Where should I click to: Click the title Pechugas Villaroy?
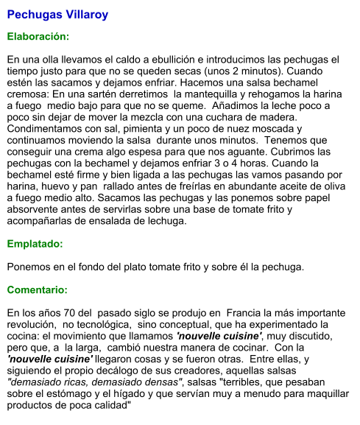pos(57,14)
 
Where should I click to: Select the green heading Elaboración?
pos(38,36)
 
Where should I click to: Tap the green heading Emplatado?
pos(35,243)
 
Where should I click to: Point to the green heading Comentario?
pos(37,289)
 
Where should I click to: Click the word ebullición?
pos(189,60)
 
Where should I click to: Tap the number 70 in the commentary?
pos(76,312)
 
